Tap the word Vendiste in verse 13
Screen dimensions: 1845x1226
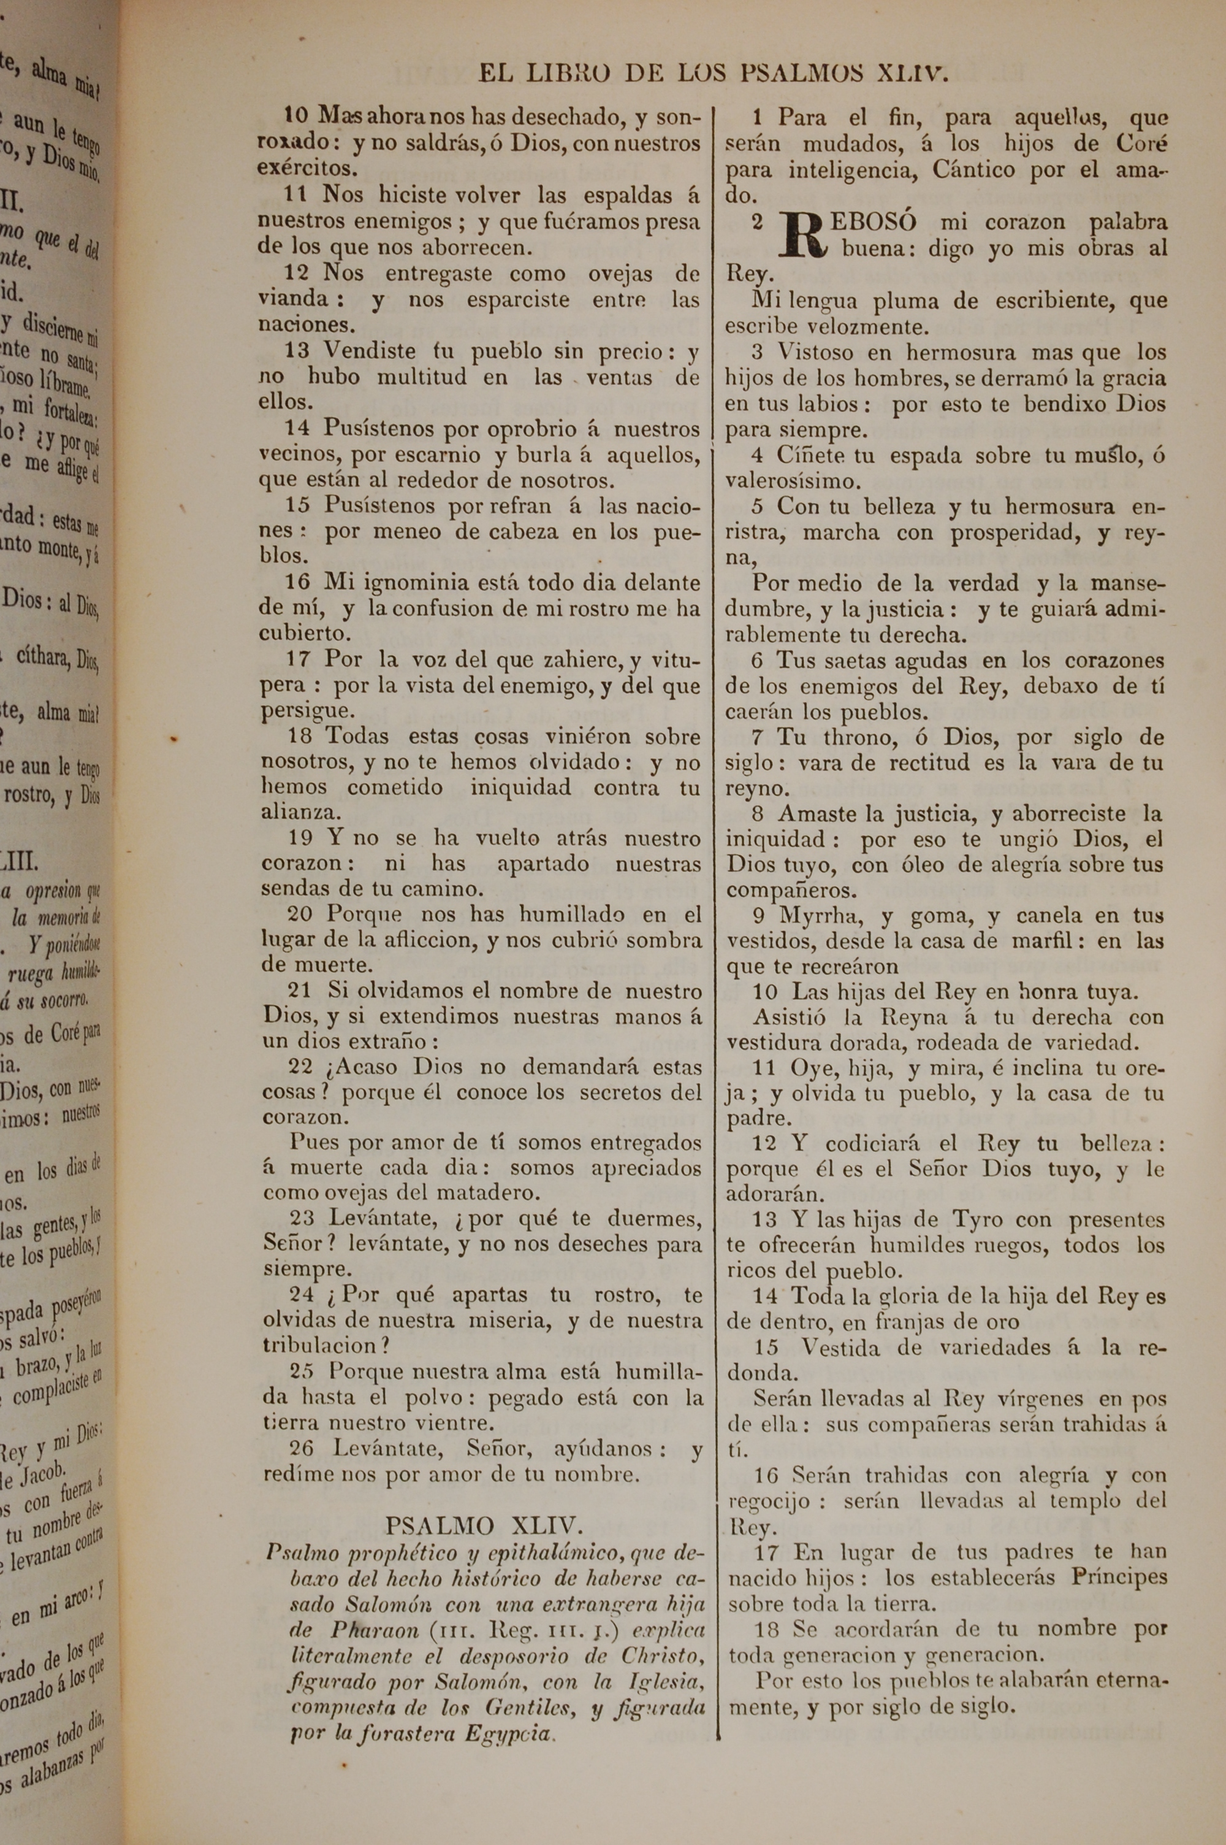(x=371, y=352)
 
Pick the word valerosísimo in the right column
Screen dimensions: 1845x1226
(x=792, y=480)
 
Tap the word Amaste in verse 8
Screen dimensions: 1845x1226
(x=817, y=814)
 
